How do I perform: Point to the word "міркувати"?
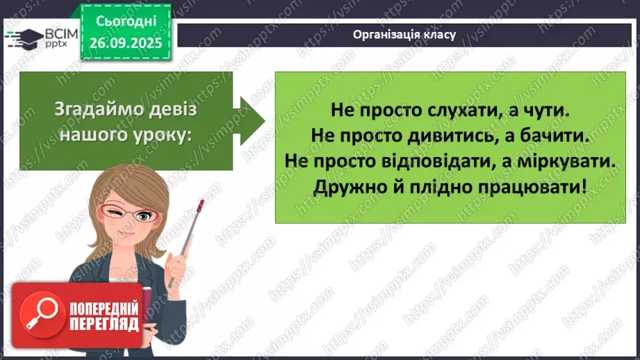(573, 161)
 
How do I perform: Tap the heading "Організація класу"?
(404, 35)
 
